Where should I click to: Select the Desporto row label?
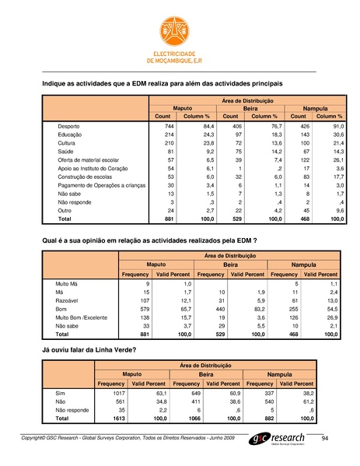coord(72,126)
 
